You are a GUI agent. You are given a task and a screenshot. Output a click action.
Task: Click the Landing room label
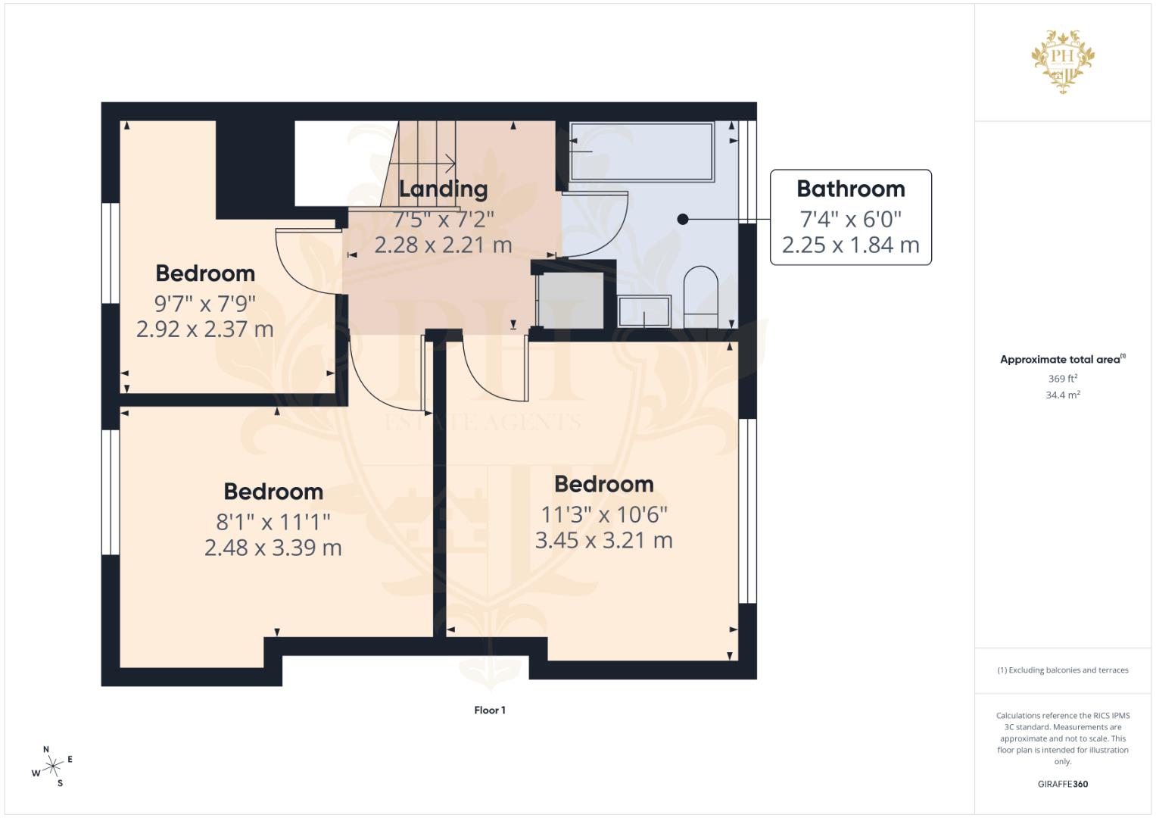[444, 189]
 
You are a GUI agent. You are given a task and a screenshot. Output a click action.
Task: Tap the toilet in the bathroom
[701, 297]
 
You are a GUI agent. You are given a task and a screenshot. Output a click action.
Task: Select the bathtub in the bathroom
[641, 151]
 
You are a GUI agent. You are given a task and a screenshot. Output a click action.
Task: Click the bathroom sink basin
[644, 311]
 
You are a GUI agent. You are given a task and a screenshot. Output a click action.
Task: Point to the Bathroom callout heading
[850, 189]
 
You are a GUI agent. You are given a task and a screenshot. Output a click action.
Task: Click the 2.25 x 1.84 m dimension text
[850, 245]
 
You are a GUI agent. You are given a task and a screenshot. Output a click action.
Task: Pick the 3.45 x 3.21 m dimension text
[604, 541]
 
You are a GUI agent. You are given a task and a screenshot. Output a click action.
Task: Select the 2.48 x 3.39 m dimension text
[273, 548]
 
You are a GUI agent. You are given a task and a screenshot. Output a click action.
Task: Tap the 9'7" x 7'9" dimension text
[205, 304]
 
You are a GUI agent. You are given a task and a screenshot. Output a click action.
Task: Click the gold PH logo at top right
[1063, 61]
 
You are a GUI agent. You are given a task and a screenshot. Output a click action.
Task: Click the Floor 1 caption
[490, 710]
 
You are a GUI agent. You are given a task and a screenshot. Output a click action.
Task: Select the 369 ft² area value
[1063, 379]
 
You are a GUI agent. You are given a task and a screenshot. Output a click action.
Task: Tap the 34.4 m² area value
[1063, 395]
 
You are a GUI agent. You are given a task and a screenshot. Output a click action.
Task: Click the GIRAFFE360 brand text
[1063, 784]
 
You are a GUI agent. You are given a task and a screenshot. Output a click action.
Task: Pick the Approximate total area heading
[1063, 360]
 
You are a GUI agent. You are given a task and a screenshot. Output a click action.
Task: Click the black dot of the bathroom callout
[683, 220]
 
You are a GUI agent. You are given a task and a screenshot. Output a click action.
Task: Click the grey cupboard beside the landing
[570, 301]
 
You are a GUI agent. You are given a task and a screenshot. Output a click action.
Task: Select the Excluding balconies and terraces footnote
[1063, 670]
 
